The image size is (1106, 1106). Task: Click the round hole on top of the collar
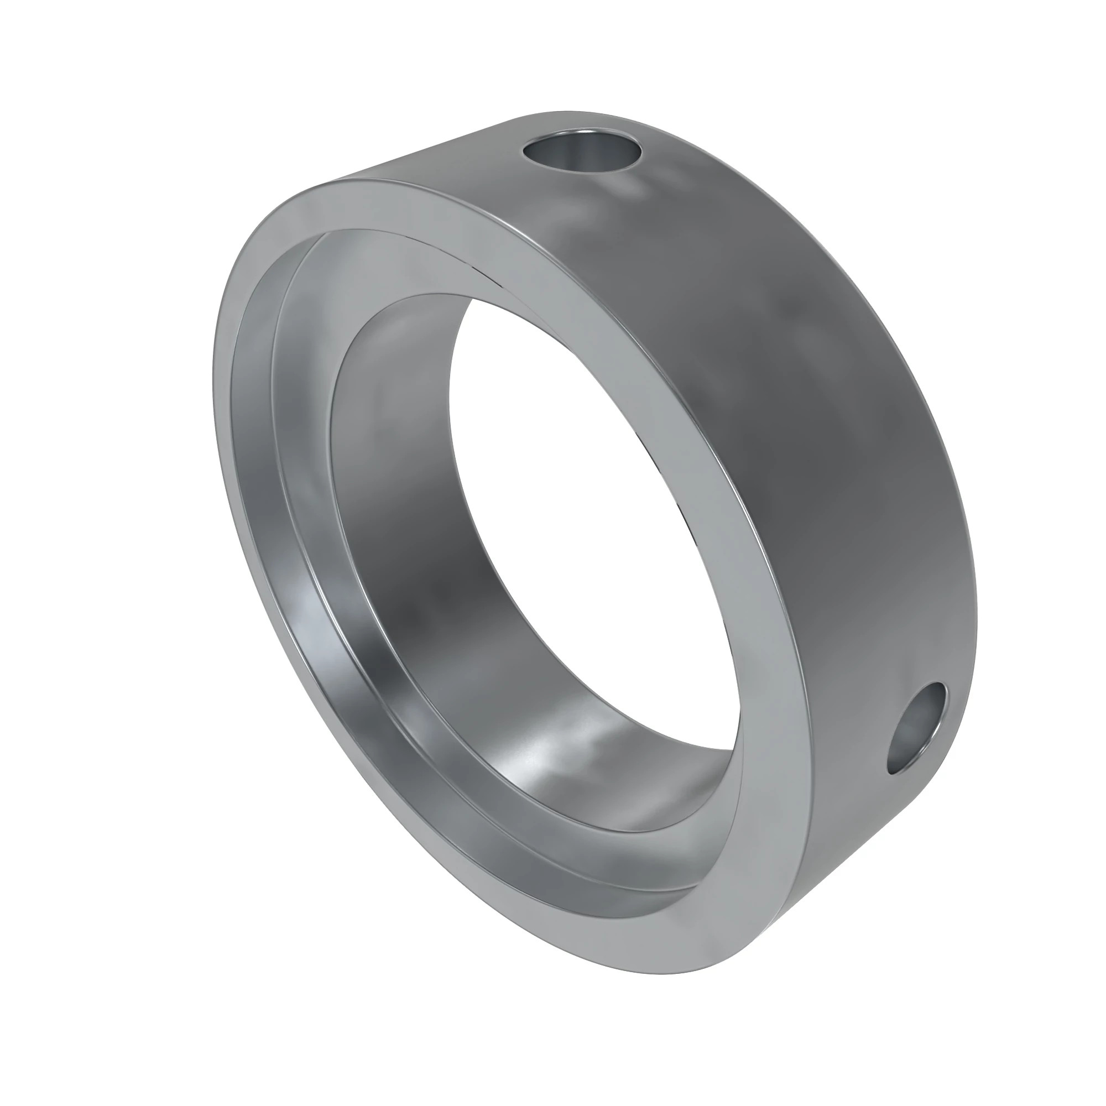(582, 152)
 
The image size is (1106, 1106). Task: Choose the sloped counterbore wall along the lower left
(321, 658)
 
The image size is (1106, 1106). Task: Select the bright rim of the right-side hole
(939, 710)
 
